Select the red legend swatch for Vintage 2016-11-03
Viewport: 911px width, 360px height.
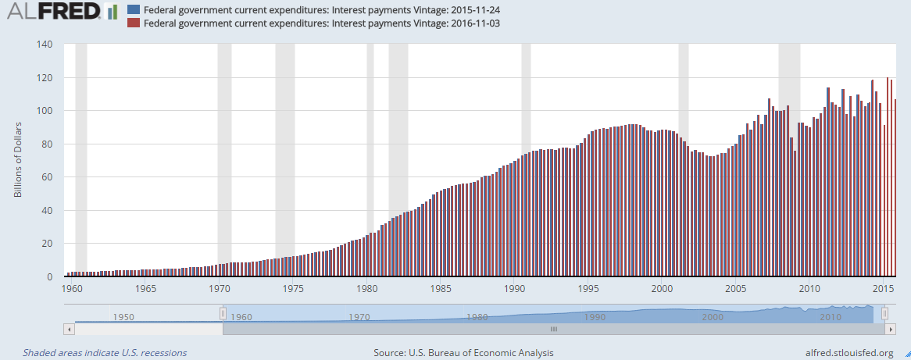(133, 23)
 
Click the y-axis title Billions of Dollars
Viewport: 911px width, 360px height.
(18, 160)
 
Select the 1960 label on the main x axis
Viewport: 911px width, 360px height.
(72, 288)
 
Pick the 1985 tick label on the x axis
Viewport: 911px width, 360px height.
(441, 288)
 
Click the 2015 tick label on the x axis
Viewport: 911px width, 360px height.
(883, 288)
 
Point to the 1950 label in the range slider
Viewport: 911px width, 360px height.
(123, 317)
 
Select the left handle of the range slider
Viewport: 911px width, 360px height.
(223, 313)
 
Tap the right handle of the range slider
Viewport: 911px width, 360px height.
(884, 313)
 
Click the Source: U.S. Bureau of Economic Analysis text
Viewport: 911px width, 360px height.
(463, 353)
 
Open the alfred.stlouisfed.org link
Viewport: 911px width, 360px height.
(842, 353)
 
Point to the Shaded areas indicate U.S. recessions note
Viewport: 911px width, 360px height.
(105, 353)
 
